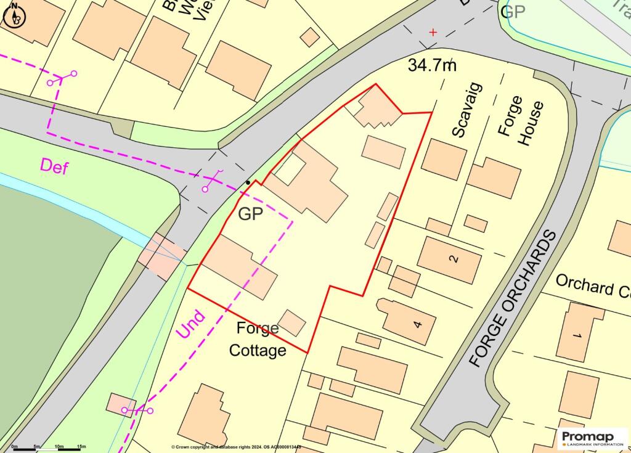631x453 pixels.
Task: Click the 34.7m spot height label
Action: coord(432,65)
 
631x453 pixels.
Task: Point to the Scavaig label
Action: coord(467,110)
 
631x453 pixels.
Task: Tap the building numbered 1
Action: coord(579,333)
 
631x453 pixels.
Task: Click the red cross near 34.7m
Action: coord(433,32)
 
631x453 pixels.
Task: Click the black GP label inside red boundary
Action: coord(251,214)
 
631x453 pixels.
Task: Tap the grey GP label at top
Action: coord(514,11)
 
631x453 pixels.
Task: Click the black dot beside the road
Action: coord(248,182)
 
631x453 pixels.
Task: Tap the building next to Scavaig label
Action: coord(444,159)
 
